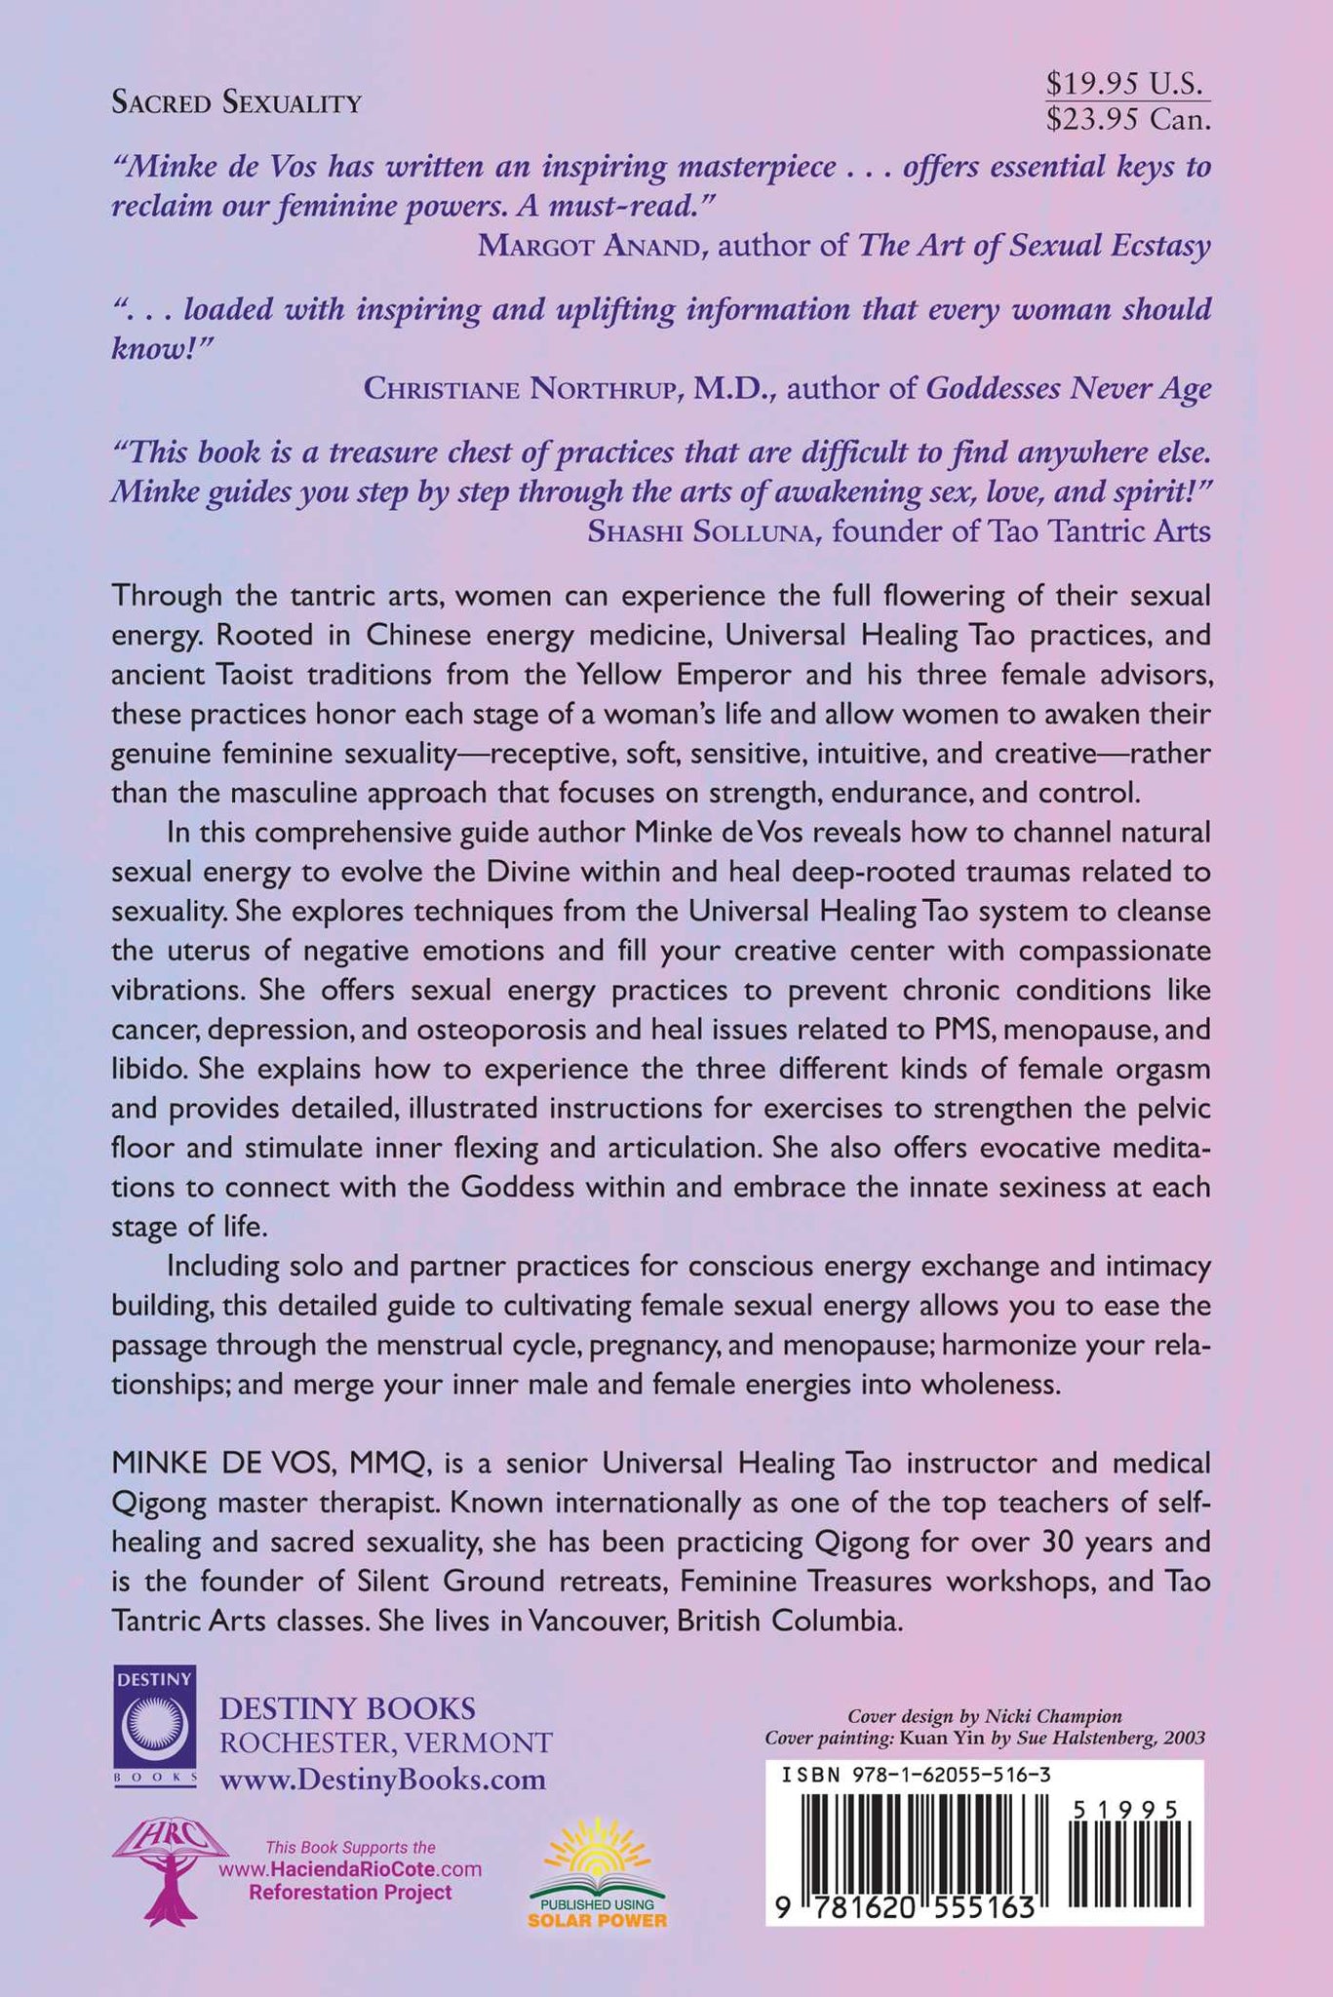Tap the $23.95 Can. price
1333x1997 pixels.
tap(1127, 119)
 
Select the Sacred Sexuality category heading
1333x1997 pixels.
tap(237, 102)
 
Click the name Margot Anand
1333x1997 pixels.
tap(591, 245)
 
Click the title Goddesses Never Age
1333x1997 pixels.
tap(1068, 389)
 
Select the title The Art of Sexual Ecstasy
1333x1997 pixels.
tap(1034, 245)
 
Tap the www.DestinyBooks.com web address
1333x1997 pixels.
tap(383, 1780)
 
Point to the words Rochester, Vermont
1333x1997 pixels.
tap(387, 1743)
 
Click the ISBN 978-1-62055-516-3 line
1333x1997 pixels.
tap(916, 1776)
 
